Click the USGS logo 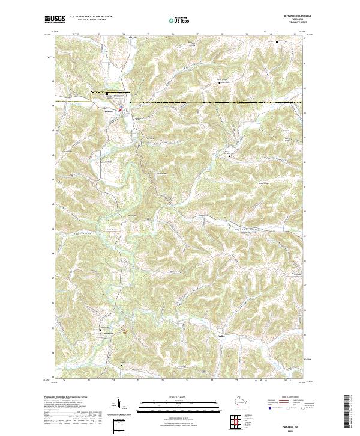pyautogui.click(x=55, y=20)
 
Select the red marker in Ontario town pyautogui.click(x=120, y=109)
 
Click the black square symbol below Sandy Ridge pyautogui.click(x=218, y=84)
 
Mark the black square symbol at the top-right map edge pyautogui.click(x=276, y=42)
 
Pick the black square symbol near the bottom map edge pyautogui.click(x=122, y=365)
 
